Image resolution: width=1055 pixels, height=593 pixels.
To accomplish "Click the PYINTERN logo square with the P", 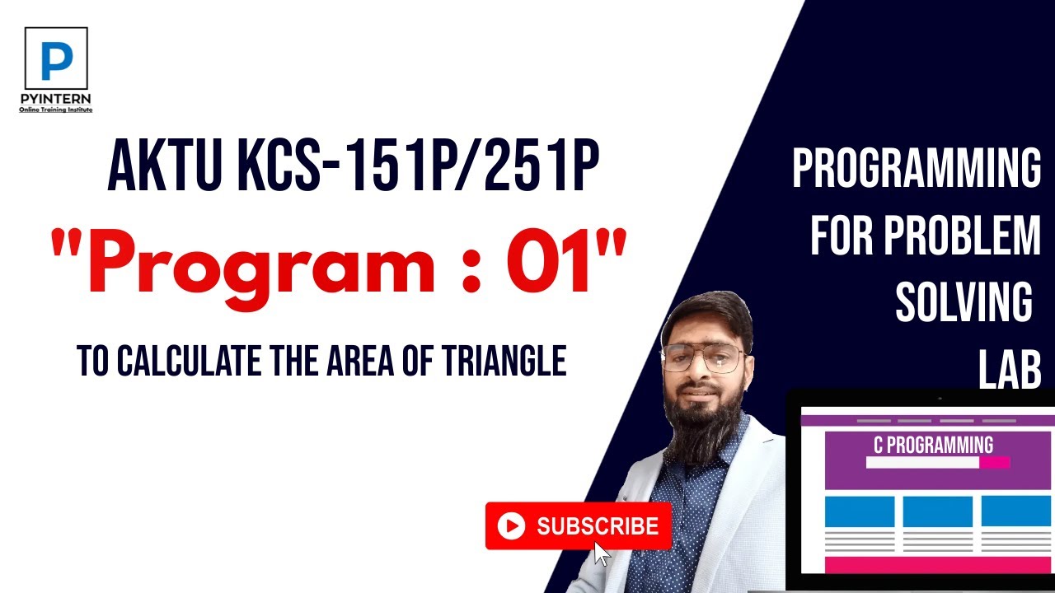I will tap(56, 58).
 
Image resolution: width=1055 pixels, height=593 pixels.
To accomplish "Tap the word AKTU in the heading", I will tap(157, 167).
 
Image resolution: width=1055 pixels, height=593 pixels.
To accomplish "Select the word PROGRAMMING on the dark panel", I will tap(917, 169).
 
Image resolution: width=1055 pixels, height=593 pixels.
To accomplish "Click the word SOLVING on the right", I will tap(964, 304).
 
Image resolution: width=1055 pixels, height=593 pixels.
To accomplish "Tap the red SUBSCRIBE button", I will tap(579, 525).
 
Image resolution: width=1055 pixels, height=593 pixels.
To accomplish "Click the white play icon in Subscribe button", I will tap(512, 526).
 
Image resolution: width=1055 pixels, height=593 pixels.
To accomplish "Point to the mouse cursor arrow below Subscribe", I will tap(602, 553).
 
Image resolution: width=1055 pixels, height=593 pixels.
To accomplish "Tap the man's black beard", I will tap(701, 424).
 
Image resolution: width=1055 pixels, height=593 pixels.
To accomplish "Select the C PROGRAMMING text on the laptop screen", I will tap(933, 446).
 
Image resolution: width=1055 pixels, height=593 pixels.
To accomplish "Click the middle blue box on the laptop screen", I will tap(937, 511).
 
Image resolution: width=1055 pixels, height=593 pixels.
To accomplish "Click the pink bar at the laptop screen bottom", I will tap(937, 565).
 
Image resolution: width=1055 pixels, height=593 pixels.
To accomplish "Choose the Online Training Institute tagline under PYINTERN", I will tap(56, 110).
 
